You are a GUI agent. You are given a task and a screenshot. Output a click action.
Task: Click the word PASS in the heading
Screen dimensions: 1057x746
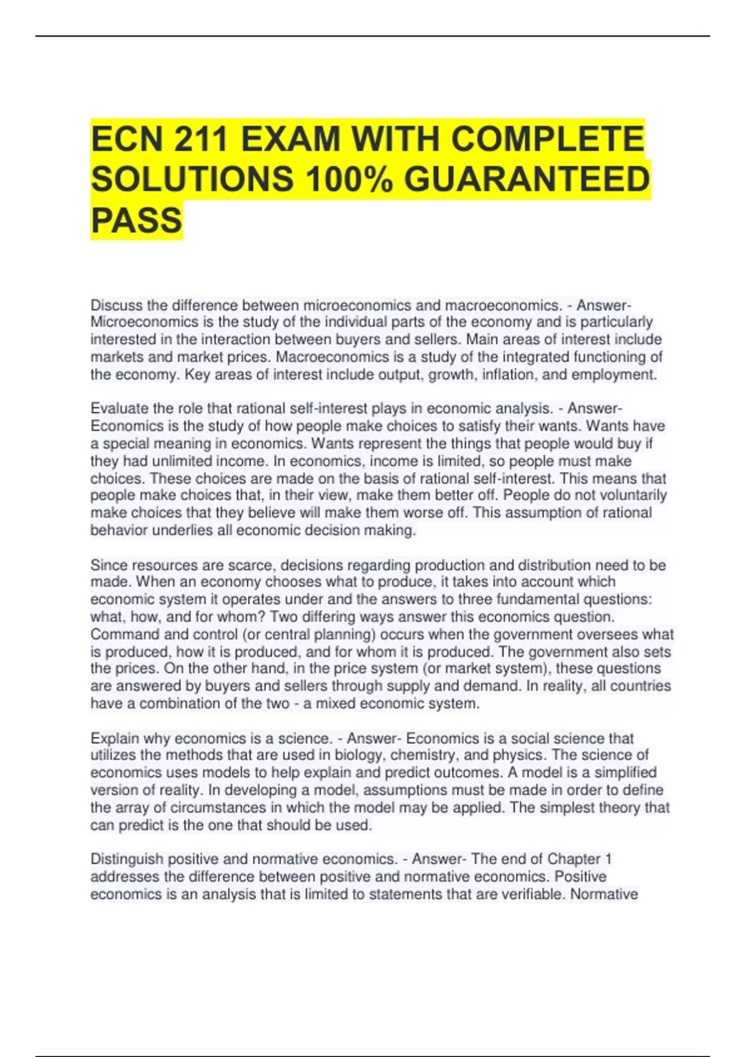click(137, 220)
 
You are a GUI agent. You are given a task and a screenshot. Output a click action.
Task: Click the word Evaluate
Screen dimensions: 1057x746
click(119, 408)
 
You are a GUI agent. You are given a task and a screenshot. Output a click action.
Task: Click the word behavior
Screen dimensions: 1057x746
click(118, 530)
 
